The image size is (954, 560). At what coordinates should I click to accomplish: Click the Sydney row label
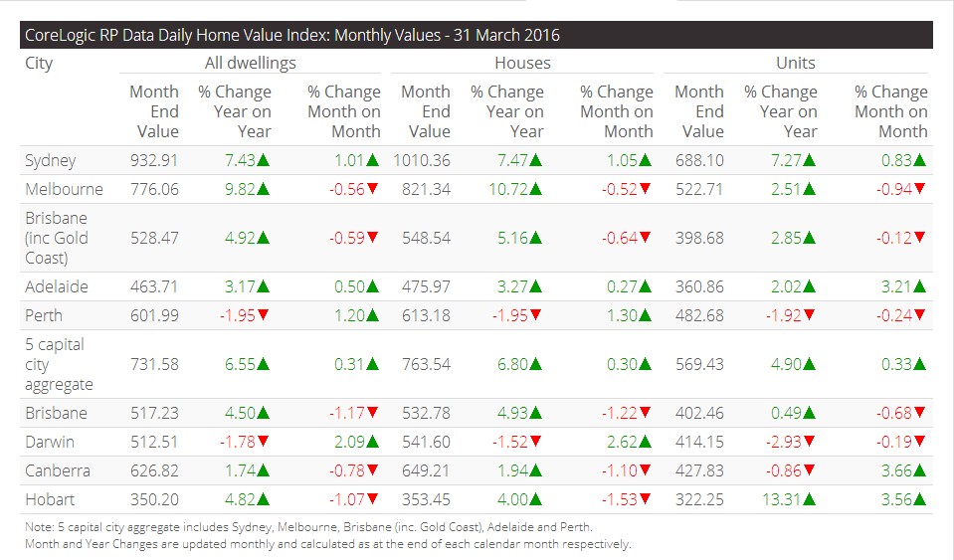[x=50, y=160]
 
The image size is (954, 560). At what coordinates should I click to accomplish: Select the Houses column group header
[x=522, y=63]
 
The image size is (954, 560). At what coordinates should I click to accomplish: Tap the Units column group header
[x=795, y=63]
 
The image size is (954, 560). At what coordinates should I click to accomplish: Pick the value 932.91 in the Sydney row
[x=154, y=160]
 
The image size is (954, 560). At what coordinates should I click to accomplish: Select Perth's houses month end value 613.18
[x=428, y=315]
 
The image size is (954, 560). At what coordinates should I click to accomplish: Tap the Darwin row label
[x=50, y=442]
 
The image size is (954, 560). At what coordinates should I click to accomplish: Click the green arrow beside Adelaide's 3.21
[x=920, y=286]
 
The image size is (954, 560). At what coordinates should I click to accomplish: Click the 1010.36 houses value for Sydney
[x=424, y=160]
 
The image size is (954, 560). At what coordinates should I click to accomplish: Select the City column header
[x=39, y=64]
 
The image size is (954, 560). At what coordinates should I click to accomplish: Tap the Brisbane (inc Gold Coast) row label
[x=56, y=238]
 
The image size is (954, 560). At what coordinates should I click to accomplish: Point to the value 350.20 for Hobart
[x=154, y=499]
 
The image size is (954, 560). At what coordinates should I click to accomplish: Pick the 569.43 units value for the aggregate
[x=700, y=364]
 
